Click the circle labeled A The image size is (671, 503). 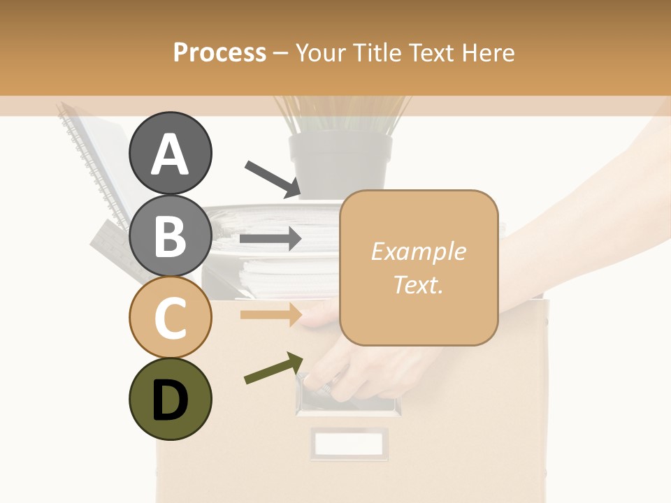coord(170,153)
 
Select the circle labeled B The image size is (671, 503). coord(170,235)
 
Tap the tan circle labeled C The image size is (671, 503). coord(170,317)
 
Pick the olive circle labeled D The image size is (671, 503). coord(170,399)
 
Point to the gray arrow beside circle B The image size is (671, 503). coord(270,239)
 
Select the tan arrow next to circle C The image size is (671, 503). coord(270,314)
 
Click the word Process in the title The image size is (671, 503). coord(219,52)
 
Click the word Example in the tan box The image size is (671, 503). coord(418,251)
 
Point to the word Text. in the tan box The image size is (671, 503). coord(418,284)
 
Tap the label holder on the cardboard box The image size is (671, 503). coord(349,443)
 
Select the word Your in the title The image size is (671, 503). coord(321,52)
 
